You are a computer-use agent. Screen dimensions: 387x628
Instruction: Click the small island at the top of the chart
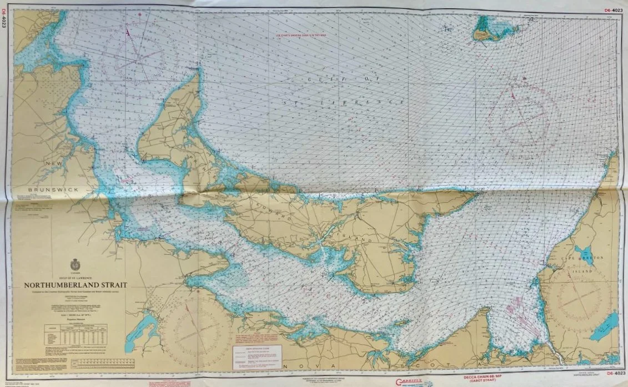(494, 29)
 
